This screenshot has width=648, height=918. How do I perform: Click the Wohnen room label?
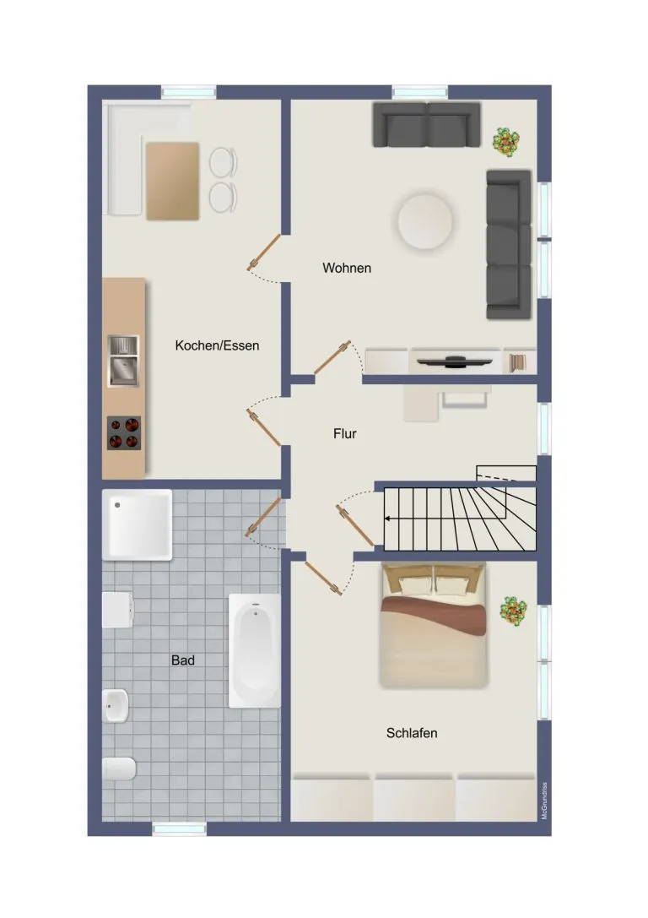347,269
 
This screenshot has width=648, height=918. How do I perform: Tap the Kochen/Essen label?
217,345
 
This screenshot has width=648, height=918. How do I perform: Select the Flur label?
345,434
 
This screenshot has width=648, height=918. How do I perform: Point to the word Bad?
183,660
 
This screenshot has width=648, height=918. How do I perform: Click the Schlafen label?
412,733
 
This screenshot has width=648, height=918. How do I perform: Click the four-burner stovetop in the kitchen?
124,432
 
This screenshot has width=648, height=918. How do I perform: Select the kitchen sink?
123,361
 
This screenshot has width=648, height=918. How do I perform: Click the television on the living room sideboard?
455,361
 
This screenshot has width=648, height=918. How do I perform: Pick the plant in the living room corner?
506,141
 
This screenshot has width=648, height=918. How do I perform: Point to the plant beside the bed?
514,611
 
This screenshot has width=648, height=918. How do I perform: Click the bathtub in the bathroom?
255,651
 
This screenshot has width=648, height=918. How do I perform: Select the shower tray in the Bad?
138,524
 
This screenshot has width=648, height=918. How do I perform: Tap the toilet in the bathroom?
119,769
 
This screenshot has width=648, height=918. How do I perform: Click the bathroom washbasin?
116,705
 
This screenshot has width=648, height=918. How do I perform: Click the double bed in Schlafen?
434,625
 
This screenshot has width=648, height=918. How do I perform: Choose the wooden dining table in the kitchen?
172,181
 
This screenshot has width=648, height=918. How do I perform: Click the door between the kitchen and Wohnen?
264,253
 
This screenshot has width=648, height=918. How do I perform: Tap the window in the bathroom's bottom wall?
180,828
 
